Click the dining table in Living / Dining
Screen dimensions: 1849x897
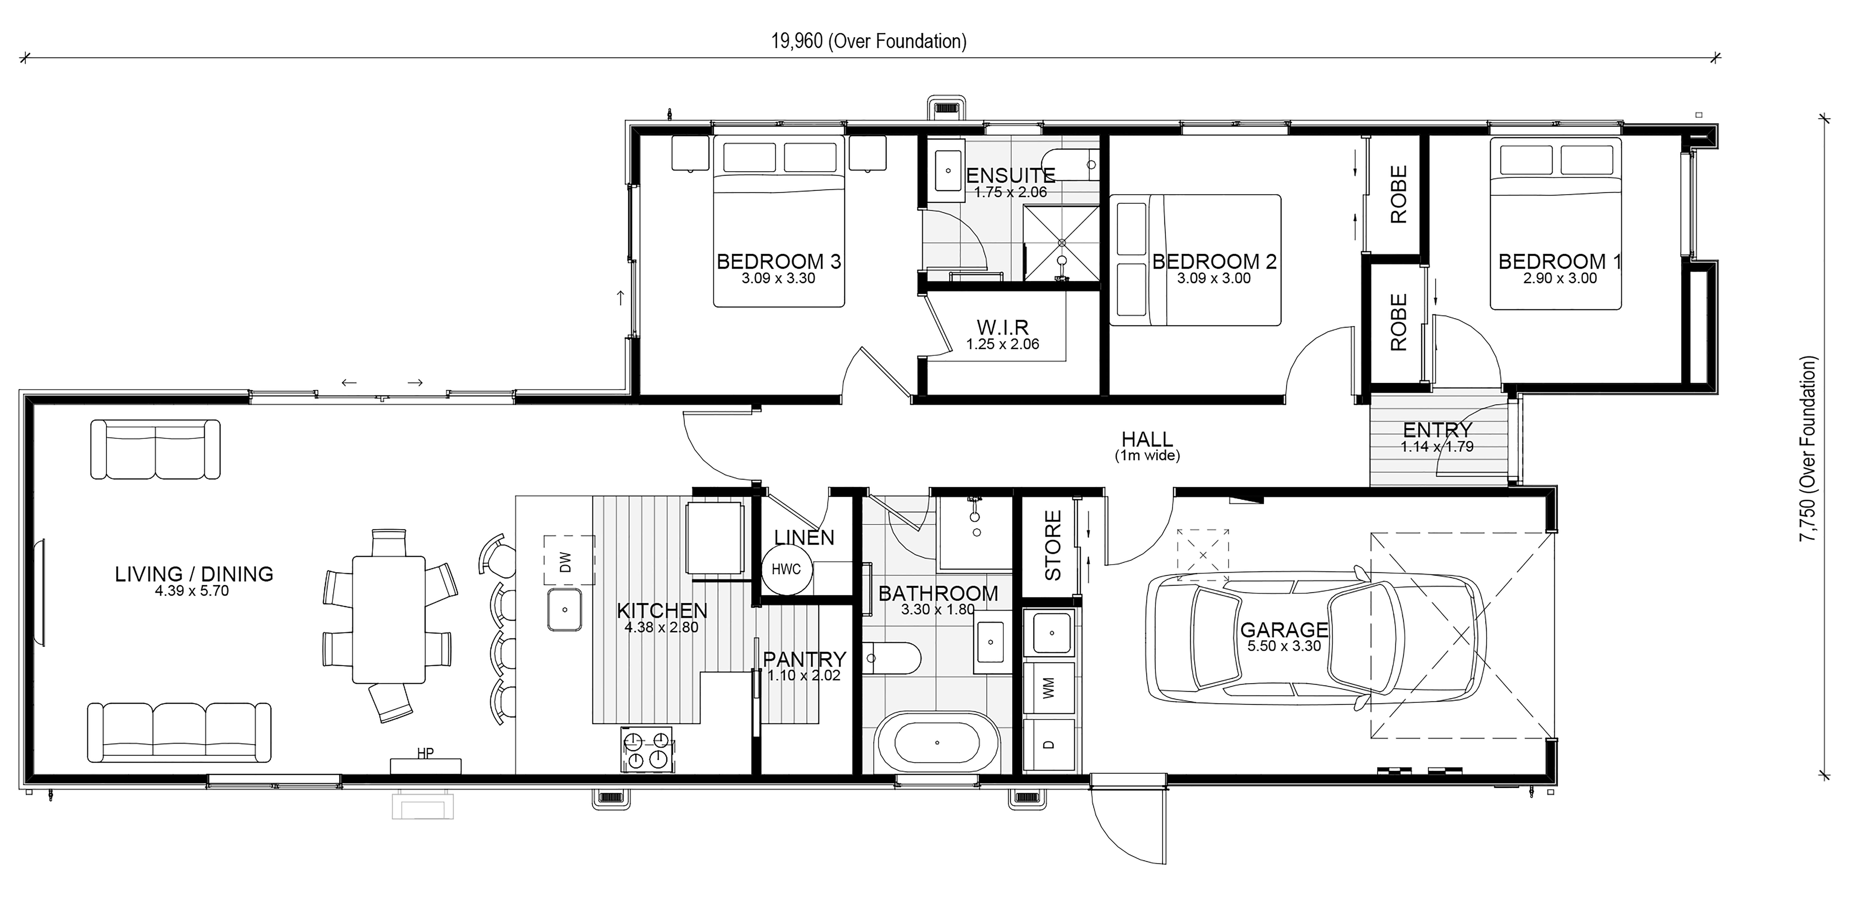388,619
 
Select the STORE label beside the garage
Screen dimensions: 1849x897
1052,545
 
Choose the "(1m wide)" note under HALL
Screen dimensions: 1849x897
1147,456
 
